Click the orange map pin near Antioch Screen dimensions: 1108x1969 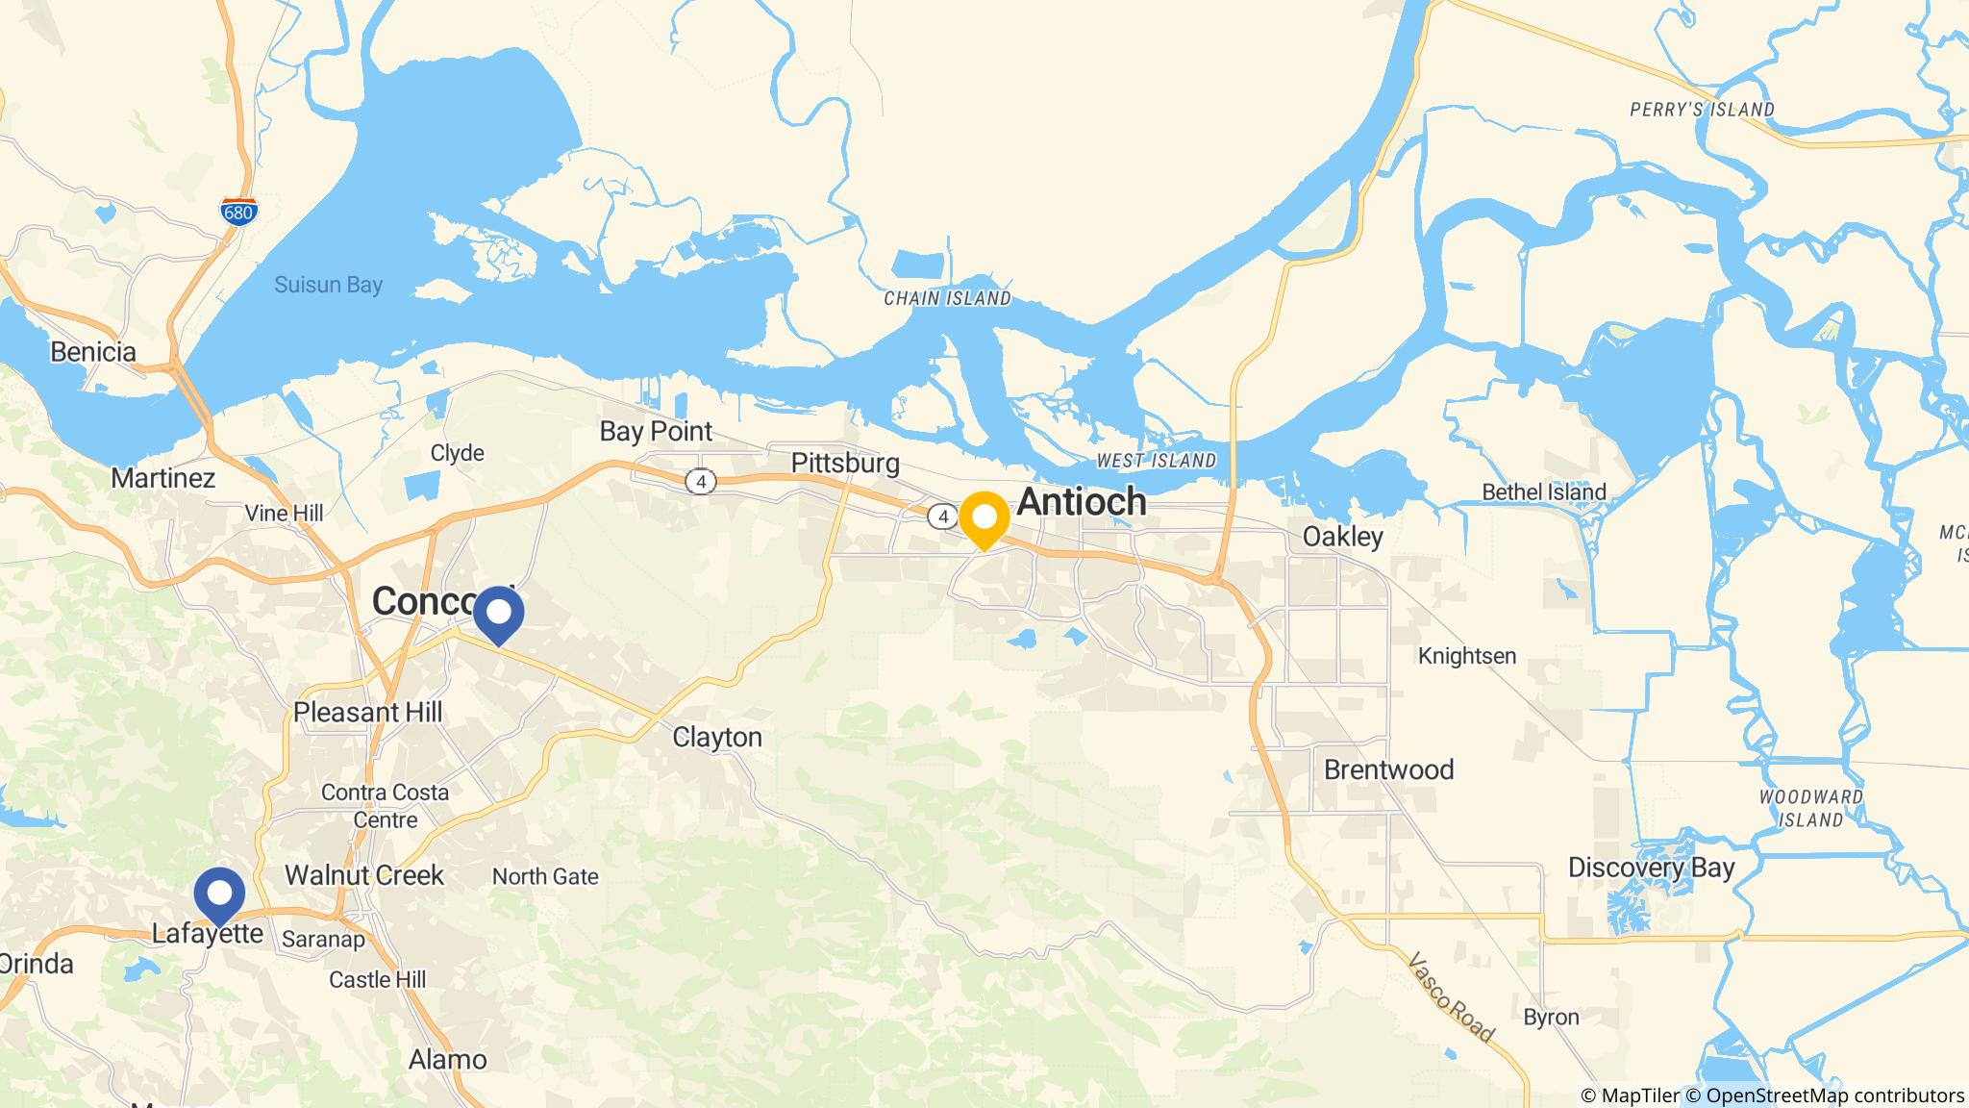[984, 518]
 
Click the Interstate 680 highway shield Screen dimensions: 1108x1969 [237, 213]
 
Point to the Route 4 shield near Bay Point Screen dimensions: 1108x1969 [701, 482]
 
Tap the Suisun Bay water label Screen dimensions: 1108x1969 [328, 285]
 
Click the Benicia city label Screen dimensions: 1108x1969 [93, 352]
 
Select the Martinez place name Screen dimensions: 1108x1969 [163, 478]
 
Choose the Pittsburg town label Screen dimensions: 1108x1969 [845, 464]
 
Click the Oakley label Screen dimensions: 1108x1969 [1342, 537]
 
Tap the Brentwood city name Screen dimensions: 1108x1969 [1388, 769]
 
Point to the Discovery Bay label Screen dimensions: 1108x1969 [1651, 868]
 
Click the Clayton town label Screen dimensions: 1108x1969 [717, 738]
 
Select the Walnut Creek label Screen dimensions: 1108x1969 [364, 875]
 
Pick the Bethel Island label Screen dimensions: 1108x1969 [1544, 492]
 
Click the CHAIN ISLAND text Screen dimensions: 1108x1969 [947, 299]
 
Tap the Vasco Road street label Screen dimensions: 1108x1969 [1451, 997]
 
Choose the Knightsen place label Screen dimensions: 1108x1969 [1467, 656]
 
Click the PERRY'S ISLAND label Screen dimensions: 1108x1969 [1702, 110]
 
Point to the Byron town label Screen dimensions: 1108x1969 [1551, 1018]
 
